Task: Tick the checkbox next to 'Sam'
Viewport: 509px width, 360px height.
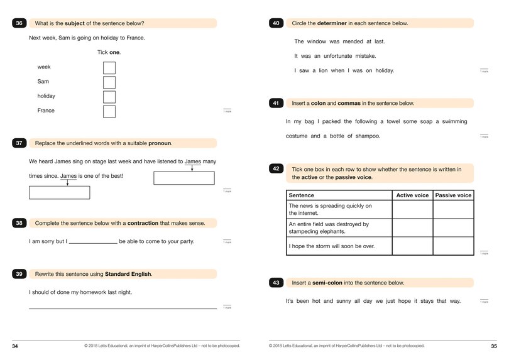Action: pyautogui.click(x=109, y=82)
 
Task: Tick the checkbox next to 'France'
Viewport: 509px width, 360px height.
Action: pyautogui.click(x=109, y=111)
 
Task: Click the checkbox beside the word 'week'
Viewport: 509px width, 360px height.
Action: pyautogui.click(x=109, y=68)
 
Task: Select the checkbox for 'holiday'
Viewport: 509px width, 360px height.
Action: pyautogui.click(x=109, y=97)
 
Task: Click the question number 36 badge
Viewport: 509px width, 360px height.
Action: pyautogui.click(x=19, y=23)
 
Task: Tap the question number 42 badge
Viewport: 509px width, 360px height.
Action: pyautogui.click(x=276, y=169)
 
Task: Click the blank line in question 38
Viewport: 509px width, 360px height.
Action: pyautogui.click(x=93, y=241)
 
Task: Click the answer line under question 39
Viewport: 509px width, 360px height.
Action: pyautogui.click(x=123, y=307)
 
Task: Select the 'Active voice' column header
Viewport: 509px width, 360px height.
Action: pyautogui.click(x=412, y=195)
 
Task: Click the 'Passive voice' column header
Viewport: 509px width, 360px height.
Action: pyautogui.click(x=453, y=195)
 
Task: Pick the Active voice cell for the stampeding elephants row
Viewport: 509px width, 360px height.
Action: pyautogui.click(x=412, y=227)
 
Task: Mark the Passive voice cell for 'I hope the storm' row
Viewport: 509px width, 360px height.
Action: pyautogui.click(x=453, y=246)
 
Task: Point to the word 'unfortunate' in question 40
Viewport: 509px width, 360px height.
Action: pyautogui.click(x=339, y=56)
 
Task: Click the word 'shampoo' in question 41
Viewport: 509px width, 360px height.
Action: pyautogui.click(x=368, y=136)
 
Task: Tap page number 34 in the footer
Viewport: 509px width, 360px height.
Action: pyautogui.click(x=15, y=346)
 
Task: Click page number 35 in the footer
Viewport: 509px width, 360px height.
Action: pyautogui.click(x=493, y=346)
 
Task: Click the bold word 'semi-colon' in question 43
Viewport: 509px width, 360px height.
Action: pyautogui.click(x=333, y=283)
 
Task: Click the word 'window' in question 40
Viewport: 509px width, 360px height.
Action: pyautogui.click(x=317, y=41)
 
